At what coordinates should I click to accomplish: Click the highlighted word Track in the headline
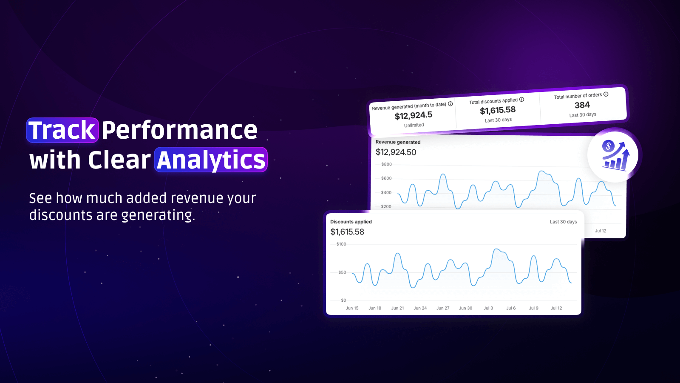tap(62, 130)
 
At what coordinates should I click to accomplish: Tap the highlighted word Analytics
tap(211, 160)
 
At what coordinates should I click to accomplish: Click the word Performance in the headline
tap(179, 130)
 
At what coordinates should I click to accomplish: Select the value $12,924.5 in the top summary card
tap(414, 115)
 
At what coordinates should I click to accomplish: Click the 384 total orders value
tap(582, 105)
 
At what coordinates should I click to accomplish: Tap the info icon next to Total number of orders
tap(606, 94)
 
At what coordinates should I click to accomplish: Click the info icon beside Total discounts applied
tap(521, 100)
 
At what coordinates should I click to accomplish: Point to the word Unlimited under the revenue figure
tap(414, 125)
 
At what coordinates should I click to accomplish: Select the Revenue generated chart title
tap(398, 142)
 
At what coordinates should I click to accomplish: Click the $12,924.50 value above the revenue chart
tap(396, 152)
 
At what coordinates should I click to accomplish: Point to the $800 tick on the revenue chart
tap(386, 164)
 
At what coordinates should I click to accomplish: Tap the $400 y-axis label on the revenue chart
tap(386, 192)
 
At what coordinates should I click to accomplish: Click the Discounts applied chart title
tap(351, 222)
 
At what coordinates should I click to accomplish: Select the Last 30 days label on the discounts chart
tap(564, 222)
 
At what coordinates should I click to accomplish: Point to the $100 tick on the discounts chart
tap(341, 244)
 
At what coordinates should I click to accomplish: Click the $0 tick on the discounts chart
tap(343, 300)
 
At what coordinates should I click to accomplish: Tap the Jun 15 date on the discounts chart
tap(352, 308)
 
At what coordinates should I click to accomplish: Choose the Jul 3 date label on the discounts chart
tap(488, 308)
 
